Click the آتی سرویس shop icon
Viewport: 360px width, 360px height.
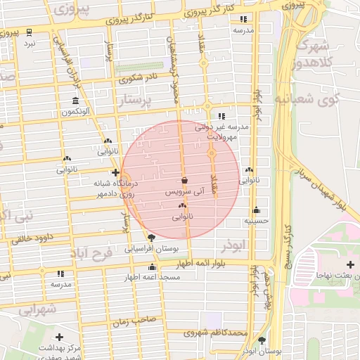point(184,180)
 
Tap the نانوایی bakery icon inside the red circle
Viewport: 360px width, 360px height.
point(182,205)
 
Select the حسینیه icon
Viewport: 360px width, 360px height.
point(256,210)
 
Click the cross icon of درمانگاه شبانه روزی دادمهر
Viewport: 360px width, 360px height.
point(115,172)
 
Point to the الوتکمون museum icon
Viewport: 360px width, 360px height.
point(75,100)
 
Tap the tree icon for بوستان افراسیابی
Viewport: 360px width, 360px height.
point(151,237)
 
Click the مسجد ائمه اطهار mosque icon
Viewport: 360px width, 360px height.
point(153,266)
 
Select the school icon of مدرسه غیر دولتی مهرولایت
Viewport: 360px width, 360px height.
point(222,116)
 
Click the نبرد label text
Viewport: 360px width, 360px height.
point(29,44)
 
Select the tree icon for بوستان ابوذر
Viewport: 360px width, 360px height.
point(262,340)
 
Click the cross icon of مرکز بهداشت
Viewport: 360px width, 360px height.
point(59,337)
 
